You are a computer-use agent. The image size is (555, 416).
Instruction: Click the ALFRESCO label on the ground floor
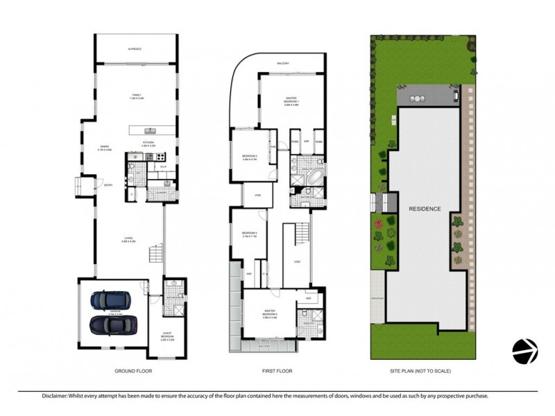(135, 49)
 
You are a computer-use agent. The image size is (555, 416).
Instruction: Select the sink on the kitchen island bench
(148, 130)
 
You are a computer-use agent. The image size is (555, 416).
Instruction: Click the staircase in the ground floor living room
(155, 255)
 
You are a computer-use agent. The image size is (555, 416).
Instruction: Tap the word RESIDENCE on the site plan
(425, 208)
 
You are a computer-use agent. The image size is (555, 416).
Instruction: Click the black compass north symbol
(524, 352)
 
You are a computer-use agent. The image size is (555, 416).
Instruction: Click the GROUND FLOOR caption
(133, 372)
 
